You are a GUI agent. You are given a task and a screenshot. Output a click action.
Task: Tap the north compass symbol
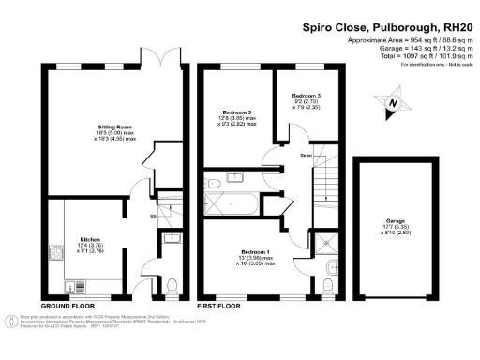[395, 105]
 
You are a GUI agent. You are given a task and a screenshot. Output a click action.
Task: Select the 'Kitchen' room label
[103, 239]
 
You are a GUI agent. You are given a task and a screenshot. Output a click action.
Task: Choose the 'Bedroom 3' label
[305, 97]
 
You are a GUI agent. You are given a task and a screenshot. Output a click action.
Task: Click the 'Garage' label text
[396, 222]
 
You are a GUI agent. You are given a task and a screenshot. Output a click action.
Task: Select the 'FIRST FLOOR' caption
[218, 307]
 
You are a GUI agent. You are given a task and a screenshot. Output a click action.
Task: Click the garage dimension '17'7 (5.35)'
[396, 228]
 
